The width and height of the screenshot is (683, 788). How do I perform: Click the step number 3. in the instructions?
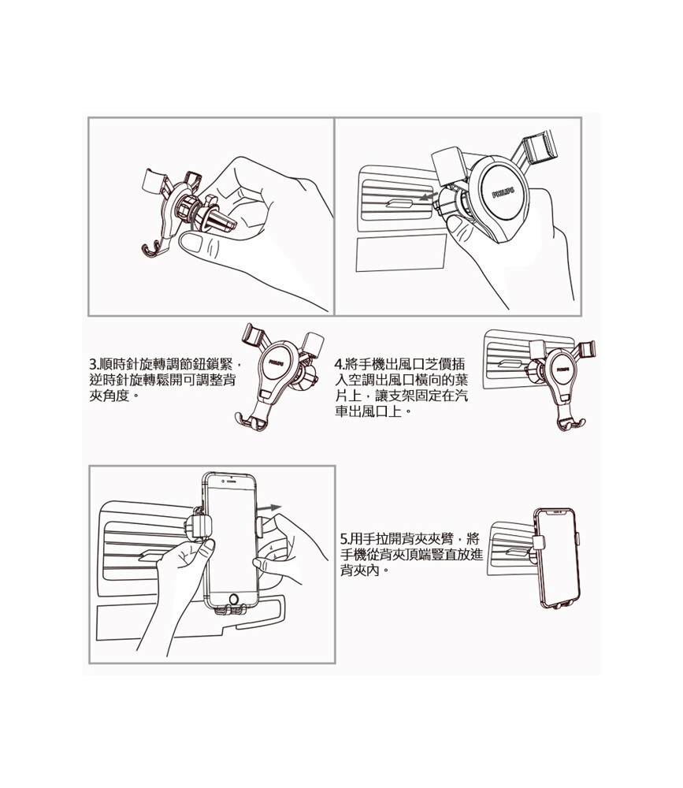94,364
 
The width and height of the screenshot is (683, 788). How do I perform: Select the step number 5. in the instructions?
345,539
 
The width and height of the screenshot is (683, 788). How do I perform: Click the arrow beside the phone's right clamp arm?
270,508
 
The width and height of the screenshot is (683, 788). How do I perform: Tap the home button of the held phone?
234,600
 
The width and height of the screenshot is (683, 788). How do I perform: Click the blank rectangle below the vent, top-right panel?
401,252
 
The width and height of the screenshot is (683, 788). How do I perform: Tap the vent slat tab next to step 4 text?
507,363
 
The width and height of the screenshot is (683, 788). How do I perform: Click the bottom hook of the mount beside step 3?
251,421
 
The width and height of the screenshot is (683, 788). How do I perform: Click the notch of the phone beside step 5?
558,512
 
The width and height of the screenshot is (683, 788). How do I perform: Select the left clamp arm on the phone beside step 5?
538,542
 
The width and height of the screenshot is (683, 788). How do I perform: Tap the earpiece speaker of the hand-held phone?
230,480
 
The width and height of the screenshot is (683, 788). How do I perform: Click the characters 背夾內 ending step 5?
360,571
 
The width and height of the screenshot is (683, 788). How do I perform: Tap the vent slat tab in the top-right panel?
399,203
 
